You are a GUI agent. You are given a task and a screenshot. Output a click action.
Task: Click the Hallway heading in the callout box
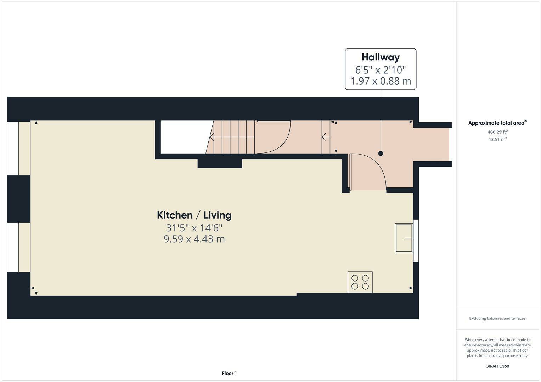(x=381, y=57)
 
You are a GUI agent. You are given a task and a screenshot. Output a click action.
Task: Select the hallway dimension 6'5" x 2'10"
(x=381, y=69)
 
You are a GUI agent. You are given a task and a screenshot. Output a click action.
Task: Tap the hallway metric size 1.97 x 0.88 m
(x=381, y=81)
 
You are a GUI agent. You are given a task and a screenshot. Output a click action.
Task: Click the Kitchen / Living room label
(x=194, y=215)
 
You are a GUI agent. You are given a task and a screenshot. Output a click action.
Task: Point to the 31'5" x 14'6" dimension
(x=194, y=227)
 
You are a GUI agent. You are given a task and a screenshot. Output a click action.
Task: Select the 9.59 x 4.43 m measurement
(x=194, y=239)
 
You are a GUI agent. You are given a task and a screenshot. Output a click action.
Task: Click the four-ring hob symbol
(x=360, y=282)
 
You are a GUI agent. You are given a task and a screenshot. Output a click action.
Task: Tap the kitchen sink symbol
(x=404, y=238)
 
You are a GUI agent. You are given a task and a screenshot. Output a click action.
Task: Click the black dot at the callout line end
(x=381, y=154)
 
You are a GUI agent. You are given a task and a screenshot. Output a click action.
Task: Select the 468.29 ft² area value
(x=497, y=132)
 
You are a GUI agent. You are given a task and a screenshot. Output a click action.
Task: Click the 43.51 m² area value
(x=497, y=139)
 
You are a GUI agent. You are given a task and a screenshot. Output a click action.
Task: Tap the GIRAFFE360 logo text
(x=497, y=366)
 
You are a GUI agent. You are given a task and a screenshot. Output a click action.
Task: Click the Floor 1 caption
(x=229, y=373)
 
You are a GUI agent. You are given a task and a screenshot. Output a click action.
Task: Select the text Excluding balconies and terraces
(x=497, y=318)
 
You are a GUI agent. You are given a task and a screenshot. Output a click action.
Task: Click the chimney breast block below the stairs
(x=220, y=163)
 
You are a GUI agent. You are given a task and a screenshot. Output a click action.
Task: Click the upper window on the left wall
(x=13, y=149)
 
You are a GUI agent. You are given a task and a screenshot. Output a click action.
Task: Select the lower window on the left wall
(x=13, y=247)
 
